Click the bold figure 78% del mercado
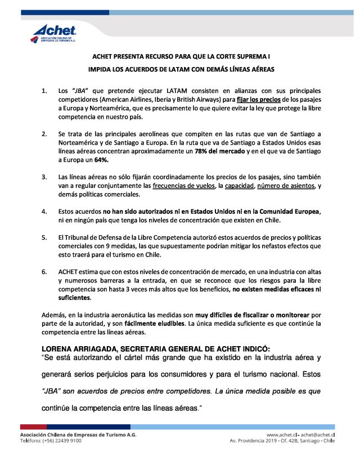click(x=215, y=152)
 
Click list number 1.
click(x=44, y=91)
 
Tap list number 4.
click(x=44, y=211)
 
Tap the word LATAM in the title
click(x=182, y=69)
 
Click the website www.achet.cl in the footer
click(x=281, y=434)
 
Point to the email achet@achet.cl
click(x=318, y=434)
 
